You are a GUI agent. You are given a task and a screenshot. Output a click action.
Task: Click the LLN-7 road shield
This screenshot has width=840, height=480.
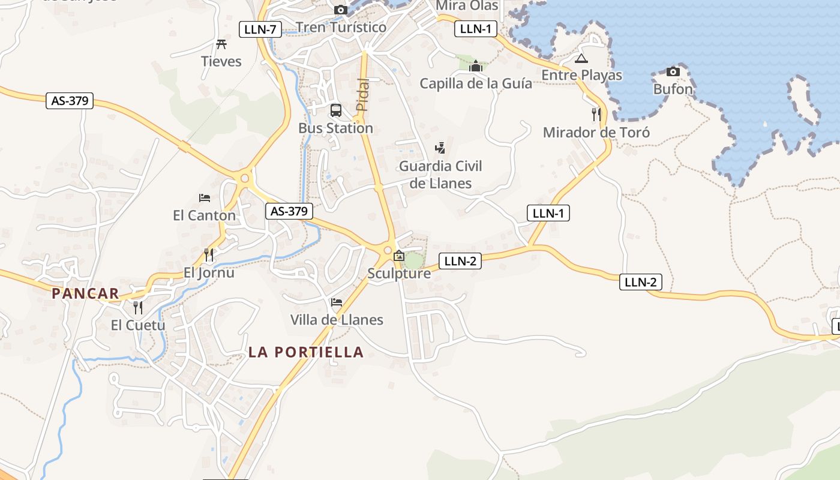(260, 29)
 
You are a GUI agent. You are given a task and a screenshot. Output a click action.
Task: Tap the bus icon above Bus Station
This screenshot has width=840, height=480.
(336, 110)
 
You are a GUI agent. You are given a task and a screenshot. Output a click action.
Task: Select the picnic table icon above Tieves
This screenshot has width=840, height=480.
(221, 44)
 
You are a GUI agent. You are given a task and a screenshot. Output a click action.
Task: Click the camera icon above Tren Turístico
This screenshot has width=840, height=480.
(341, 10)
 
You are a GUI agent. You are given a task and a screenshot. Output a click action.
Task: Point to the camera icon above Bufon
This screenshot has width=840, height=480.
(673, 72)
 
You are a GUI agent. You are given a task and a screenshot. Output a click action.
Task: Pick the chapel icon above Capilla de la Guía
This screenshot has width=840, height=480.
(476, 65)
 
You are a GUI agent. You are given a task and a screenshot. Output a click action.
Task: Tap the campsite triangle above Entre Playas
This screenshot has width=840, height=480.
(581, 59)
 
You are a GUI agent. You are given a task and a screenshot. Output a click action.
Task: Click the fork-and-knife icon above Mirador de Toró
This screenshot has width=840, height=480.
(596, 115)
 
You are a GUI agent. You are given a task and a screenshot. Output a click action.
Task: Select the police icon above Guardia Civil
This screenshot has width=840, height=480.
(440, 148)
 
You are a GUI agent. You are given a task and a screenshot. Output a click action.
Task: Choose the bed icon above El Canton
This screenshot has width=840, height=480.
(205, 197)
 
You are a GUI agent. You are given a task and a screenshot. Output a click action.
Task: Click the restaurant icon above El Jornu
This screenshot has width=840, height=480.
(208, 255)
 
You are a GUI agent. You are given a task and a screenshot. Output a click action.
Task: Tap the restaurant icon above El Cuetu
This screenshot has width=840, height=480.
(138, 308)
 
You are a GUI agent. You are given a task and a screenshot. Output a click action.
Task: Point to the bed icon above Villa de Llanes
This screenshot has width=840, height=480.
(337, 302)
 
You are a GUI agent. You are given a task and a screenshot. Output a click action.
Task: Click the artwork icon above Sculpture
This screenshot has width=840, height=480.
(398, 256)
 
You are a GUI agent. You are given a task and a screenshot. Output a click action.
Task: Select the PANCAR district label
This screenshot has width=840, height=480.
(85, 293)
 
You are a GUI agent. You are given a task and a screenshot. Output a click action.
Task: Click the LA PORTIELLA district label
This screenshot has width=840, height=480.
(306, 352)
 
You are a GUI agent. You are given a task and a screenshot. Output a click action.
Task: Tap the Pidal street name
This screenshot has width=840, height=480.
(362, 95)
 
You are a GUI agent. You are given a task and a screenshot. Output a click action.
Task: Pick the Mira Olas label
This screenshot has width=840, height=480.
(467, 5)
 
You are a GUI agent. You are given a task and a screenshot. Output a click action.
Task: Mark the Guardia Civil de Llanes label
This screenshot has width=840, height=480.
(440, 175)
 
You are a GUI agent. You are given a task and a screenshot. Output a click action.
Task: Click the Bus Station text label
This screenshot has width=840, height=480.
(335, 128)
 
